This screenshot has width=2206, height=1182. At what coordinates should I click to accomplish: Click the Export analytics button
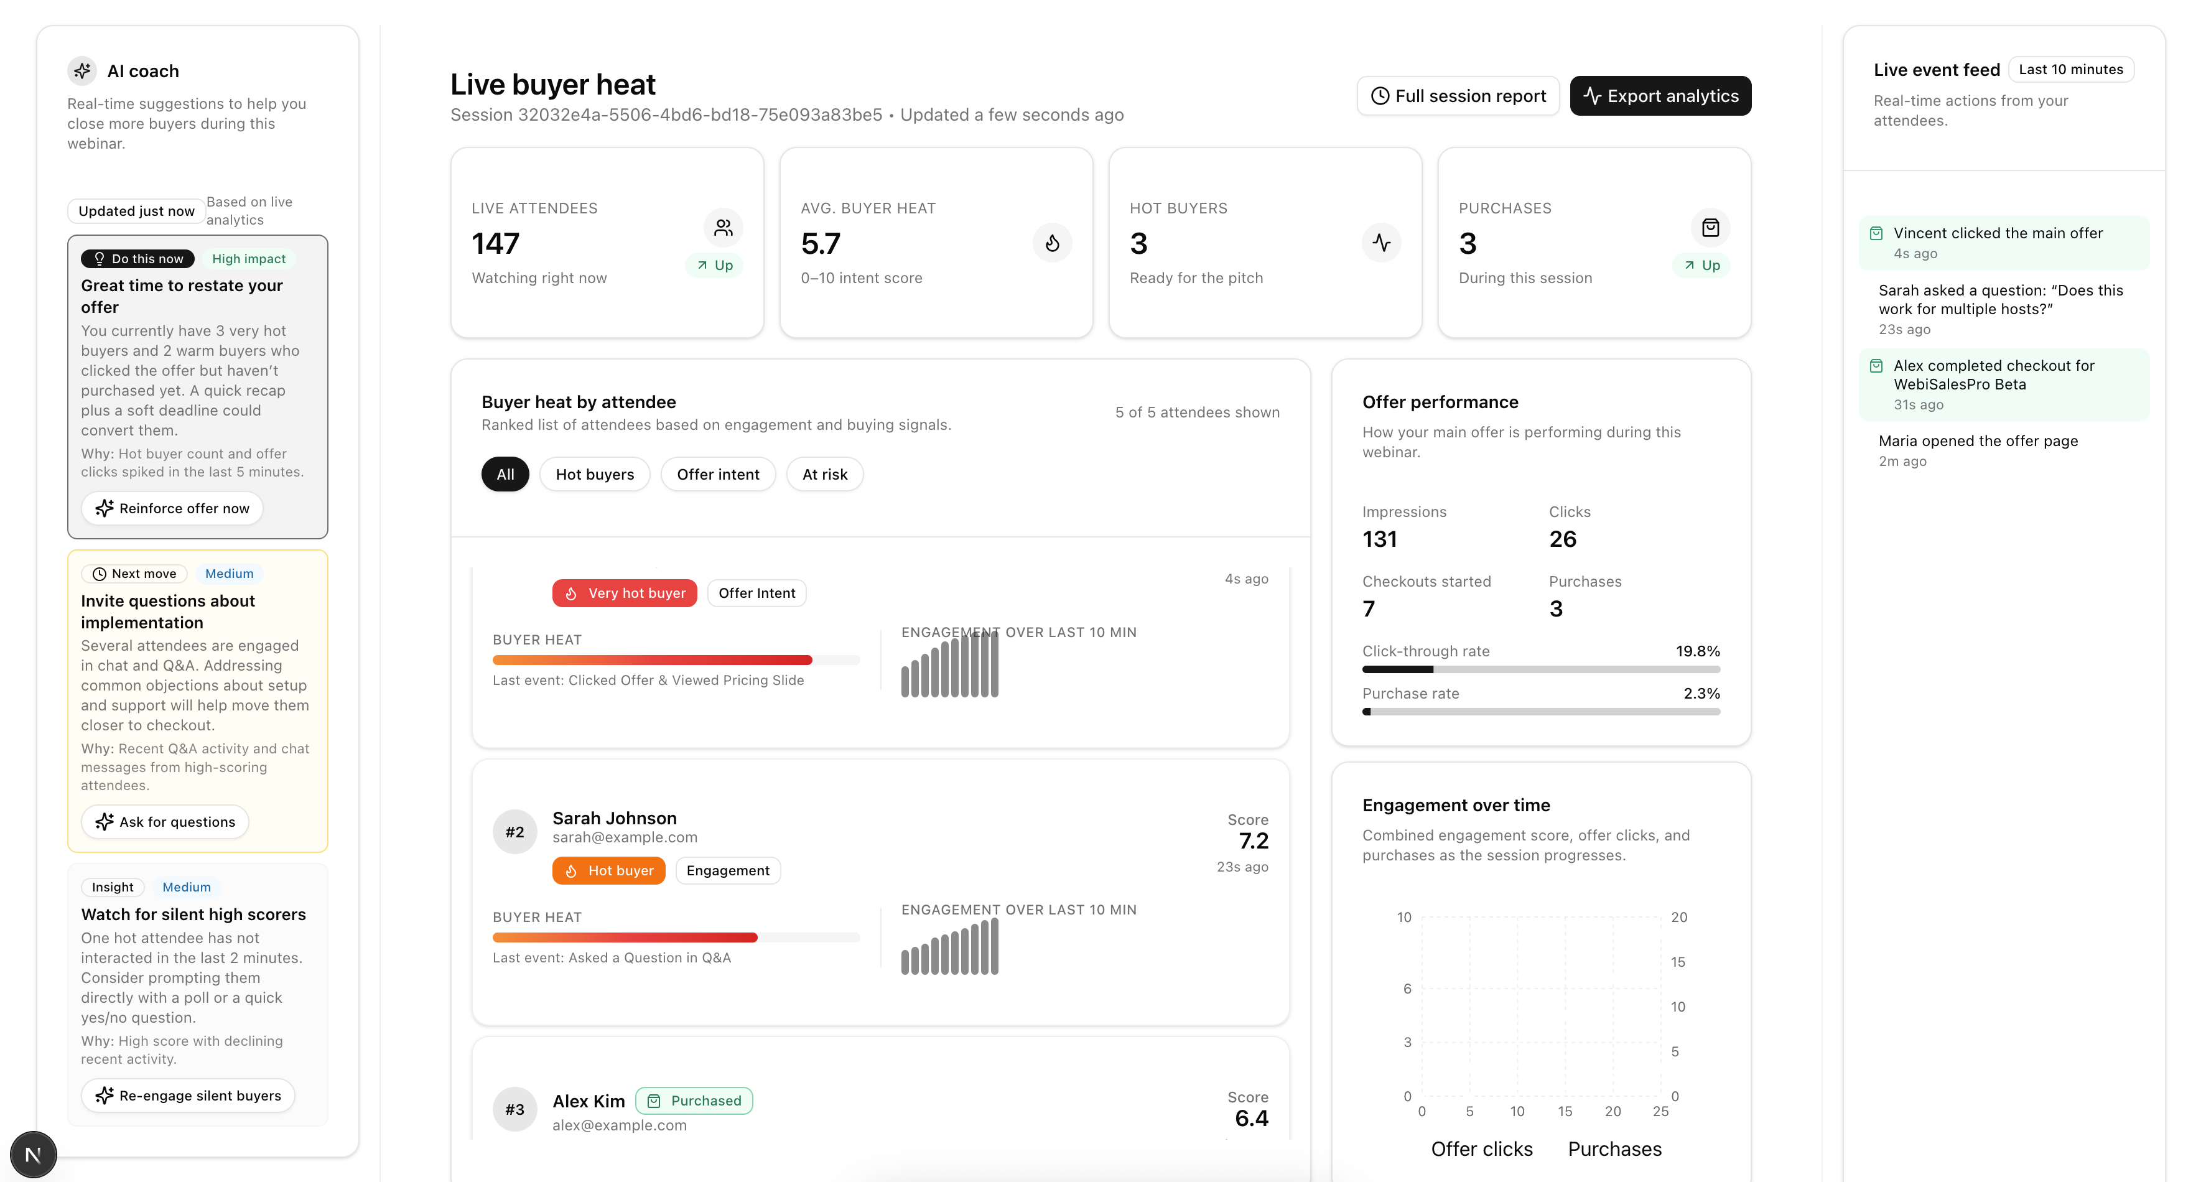click(1660, 96)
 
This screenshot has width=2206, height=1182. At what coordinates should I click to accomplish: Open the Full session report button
click(1458, 96)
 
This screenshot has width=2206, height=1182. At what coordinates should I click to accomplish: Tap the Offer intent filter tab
click(718, 475)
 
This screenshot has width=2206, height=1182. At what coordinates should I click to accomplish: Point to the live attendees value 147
click(495, 244)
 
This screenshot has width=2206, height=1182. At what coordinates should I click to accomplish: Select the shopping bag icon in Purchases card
click(1710, 228)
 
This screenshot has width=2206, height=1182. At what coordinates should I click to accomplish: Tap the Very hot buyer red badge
click(625, 593)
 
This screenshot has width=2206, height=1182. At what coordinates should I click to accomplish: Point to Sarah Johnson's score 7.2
click(1253, 841)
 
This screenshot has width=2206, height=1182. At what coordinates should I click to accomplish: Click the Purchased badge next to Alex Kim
click(694, 1101)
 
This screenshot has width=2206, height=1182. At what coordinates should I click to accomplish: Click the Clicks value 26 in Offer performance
click(1562, 539)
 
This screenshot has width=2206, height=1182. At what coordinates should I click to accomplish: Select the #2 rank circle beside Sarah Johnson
click(514, 832)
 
